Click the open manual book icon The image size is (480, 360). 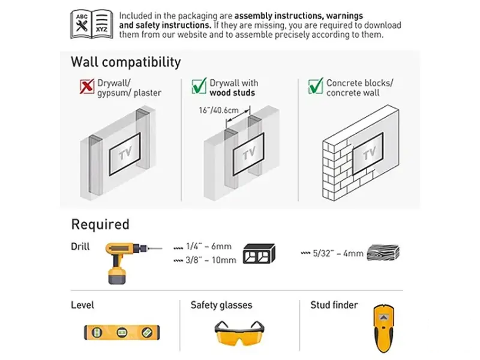(92, 24)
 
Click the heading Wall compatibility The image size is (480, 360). (126, 62)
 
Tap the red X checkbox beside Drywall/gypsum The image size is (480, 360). (86, 86)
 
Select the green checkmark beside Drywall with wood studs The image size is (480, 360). (199, 86)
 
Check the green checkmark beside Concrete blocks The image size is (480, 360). (316, 86)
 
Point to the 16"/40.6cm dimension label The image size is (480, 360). (218, 110)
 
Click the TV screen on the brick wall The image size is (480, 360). (368, 154)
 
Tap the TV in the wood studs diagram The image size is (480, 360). (248, 154)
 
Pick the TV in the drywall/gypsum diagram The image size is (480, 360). (125, 154)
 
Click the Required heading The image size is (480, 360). (100, 224)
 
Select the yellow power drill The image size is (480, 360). (132, 263)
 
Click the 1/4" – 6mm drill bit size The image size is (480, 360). (208, 247)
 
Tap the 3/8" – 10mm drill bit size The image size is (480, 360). (211, 260)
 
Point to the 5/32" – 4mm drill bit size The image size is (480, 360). (338, 253)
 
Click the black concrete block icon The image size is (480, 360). (259, 253)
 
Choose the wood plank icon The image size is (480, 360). (383, 253)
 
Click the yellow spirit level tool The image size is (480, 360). (122, 332)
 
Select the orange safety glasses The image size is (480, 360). (239, 333)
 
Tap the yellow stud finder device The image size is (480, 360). (383, 328)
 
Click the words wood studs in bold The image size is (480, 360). (232, 93)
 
